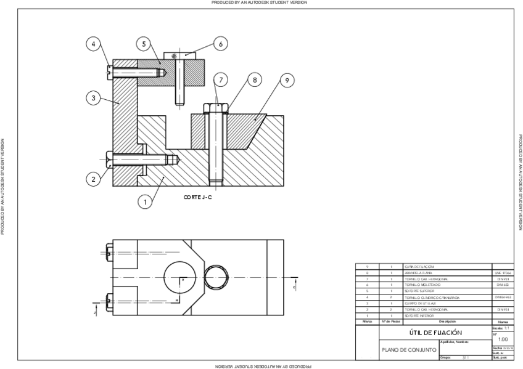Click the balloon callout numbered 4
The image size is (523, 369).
[93, 44]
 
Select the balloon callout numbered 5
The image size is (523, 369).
[143, 44]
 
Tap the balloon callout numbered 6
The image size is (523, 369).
[221, 43]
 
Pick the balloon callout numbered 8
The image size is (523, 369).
[253, 79]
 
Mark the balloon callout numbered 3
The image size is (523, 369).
[93, 98]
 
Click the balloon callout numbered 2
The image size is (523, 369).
[93, 179]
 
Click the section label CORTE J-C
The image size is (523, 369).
[198, 197]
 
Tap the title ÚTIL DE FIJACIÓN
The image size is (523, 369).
[435, 332]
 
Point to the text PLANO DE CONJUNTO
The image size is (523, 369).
[410, 349]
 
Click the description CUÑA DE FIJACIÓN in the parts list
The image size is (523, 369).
[419, 267]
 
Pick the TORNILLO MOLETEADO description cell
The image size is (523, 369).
[420, 285]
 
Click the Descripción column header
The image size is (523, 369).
[447, 322]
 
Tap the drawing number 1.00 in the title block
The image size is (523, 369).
[503, 339]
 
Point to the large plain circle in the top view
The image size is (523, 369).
[180, 282]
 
